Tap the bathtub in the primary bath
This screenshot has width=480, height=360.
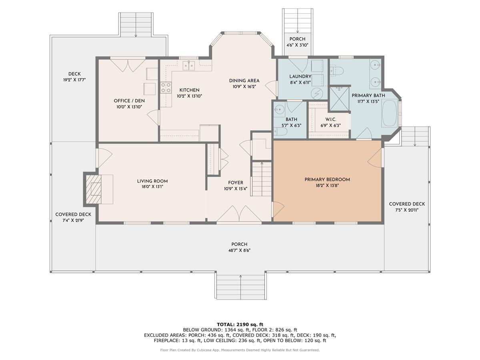click(x=390, y=113)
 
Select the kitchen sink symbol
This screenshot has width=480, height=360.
click(x=189, y=65)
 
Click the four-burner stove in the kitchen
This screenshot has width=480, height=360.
click(x=166, y=88)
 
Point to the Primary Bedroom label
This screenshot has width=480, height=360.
click(x=327, y=180)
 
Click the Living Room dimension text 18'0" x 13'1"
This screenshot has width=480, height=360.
click(x=152, y=187)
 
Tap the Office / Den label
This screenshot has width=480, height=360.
click(x=129, y=101)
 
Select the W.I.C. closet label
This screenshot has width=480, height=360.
click(x=331, y=119)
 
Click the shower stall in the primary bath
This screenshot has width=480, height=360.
click(x=339, y=98)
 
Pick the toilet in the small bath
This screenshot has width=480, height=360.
click(x=280, y=132)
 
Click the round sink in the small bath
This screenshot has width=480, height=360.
click(x=279, y=109)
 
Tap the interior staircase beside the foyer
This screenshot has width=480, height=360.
click(x=262, y=179)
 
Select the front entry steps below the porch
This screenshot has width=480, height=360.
click(x=240, y=285)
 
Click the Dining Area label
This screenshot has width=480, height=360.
click(x=244, y=81)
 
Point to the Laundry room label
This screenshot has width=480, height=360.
click(x=300, y=76)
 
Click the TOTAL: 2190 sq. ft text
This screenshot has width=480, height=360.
click(x=240, y=324)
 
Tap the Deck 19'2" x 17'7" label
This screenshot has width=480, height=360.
click(x=74, y=77)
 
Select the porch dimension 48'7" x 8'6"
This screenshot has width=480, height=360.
click(x=240, y=250)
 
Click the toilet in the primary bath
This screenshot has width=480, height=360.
click(x=336, y=71)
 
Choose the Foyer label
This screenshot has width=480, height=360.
click(x=236, y=183)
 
